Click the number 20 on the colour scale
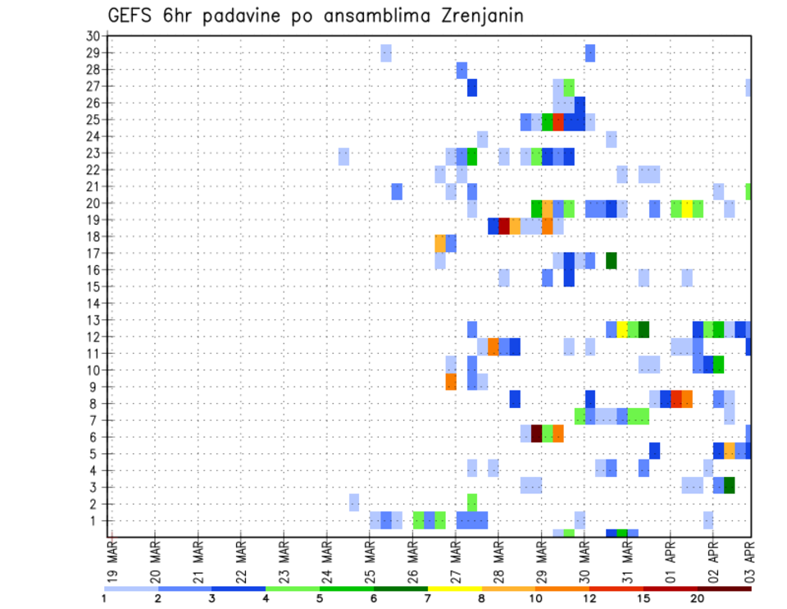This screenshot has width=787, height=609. coord(697,598)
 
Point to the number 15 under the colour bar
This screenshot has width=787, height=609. coord(643,598)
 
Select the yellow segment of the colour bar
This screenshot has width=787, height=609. coord(455,588)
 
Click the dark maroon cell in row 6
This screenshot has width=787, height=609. coord(537,433)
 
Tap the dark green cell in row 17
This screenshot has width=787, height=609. coord(611,260)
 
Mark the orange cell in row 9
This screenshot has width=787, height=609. coord(451,382)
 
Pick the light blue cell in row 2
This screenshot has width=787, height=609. coord(354,502)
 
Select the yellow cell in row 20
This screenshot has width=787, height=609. coord(687,208)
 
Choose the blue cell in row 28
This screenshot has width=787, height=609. coord(462,70)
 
